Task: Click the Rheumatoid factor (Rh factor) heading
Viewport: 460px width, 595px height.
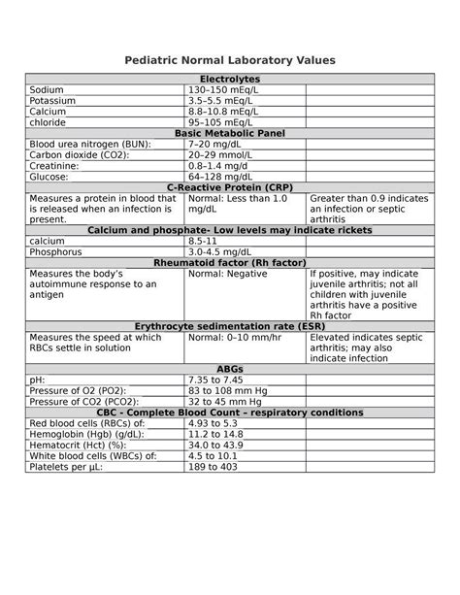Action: pos(230,262)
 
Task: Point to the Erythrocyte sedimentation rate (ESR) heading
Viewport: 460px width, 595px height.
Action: pos(230,327)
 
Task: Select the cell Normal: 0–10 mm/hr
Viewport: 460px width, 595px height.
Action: pos(235,339)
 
